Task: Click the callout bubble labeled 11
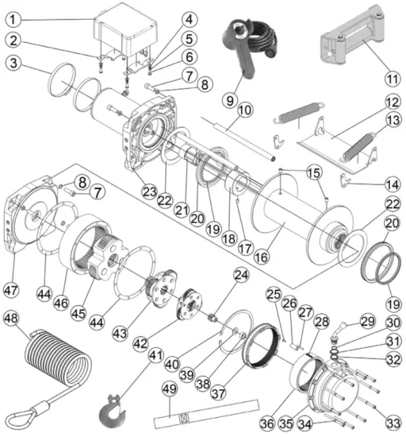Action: pos(390,78)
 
